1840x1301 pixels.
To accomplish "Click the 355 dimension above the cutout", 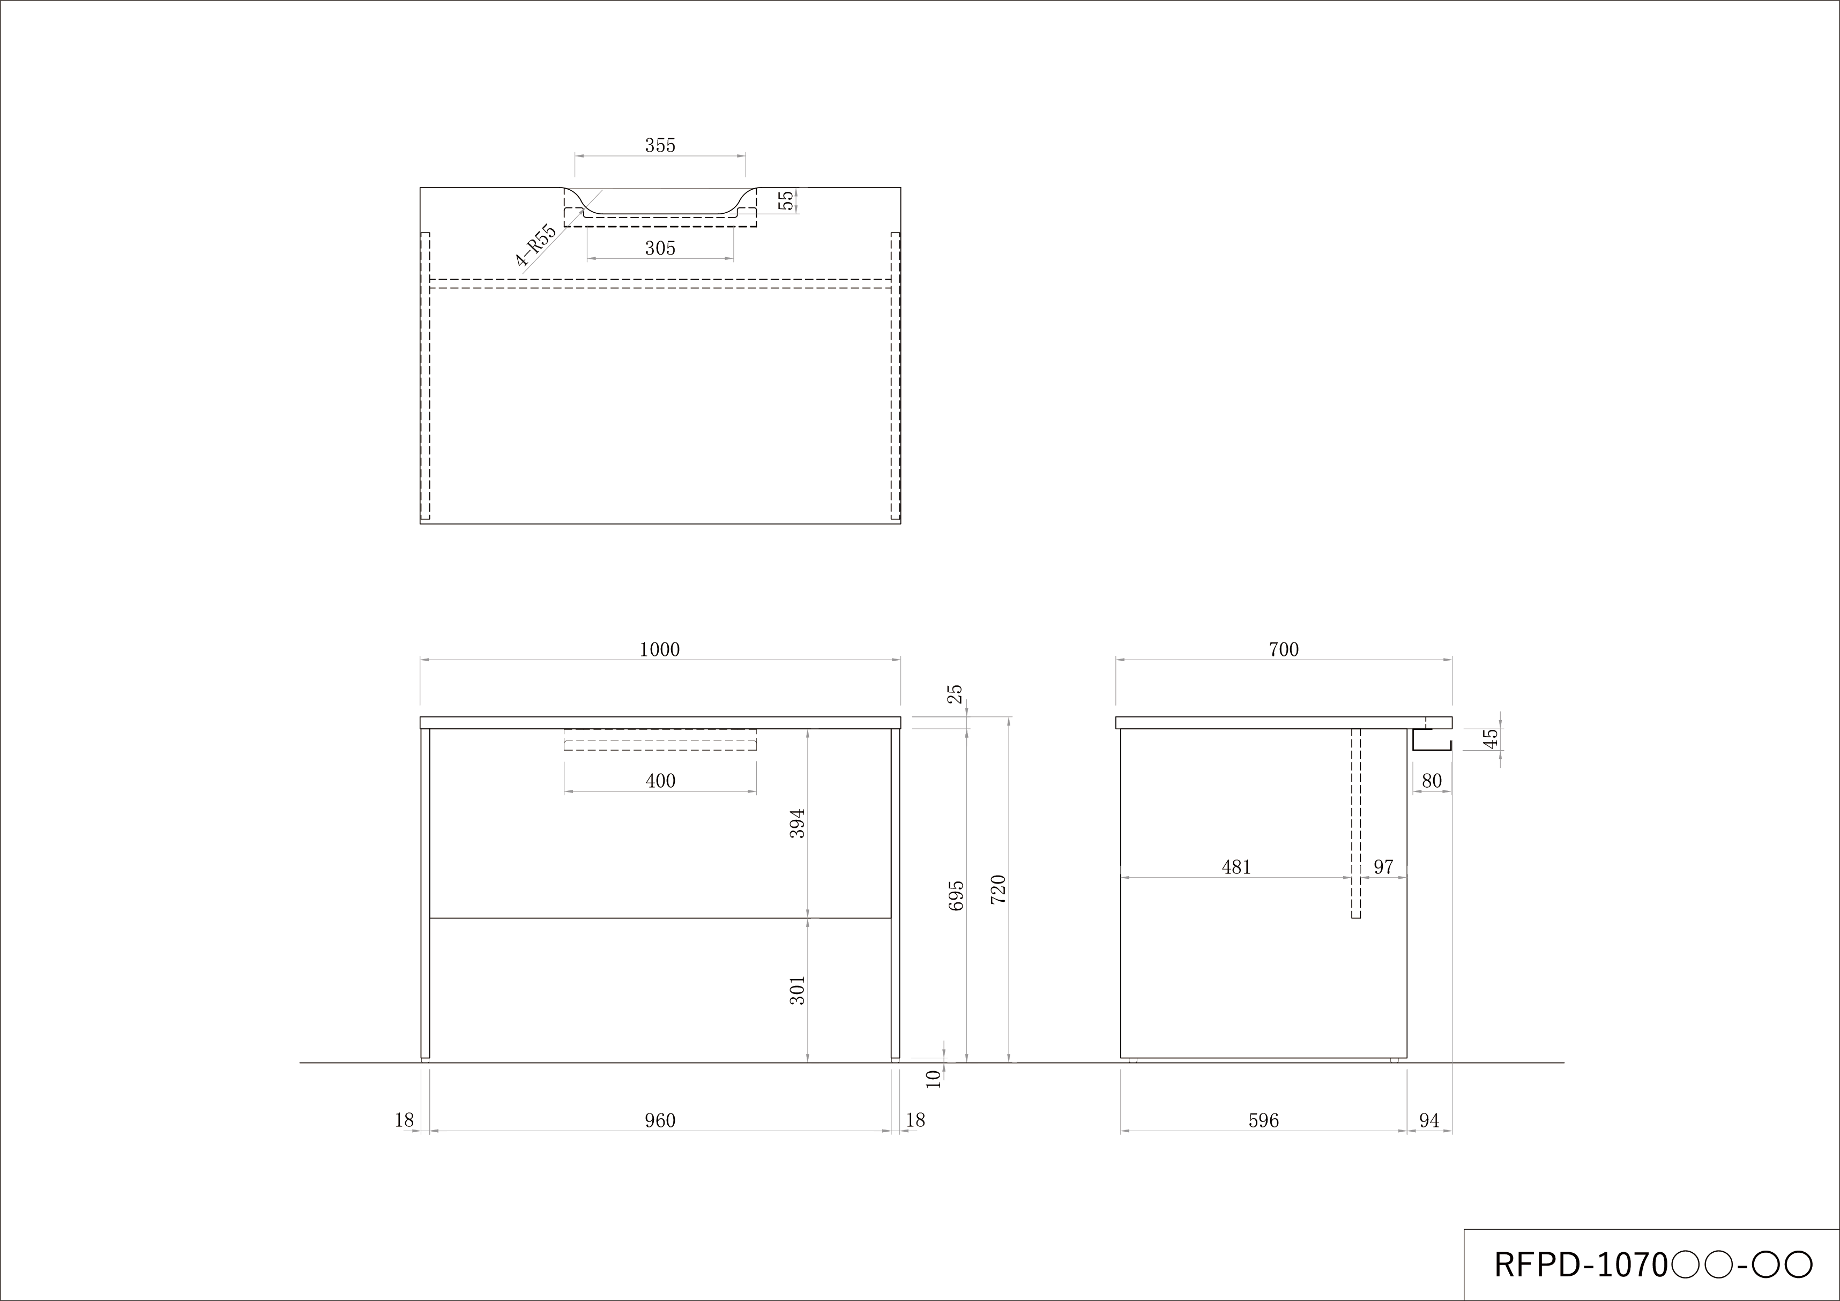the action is (x=660, y=146).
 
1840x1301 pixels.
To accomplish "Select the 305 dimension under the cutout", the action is (x=660, y=248).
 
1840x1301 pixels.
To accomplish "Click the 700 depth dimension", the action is (x=1283, y=650).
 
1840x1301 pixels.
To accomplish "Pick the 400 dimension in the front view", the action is (x=660, y=781).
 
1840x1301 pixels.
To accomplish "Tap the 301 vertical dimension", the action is (x=798, y=990).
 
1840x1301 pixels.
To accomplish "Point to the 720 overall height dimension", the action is (x=998, y=890).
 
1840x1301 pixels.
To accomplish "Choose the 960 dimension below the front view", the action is (x=660, y=1121).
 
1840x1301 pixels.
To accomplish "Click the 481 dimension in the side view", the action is (x=1236, y=867).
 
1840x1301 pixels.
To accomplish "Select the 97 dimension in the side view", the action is (x=1383, y=867).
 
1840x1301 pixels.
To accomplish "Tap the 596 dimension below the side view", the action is (x=1264, y=1121).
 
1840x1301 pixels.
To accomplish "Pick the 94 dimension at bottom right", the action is (x=1429, y=1121).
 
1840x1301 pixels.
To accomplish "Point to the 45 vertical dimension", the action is (x=1491, y=738).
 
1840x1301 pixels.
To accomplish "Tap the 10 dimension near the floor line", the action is (x=933, y=1079).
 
